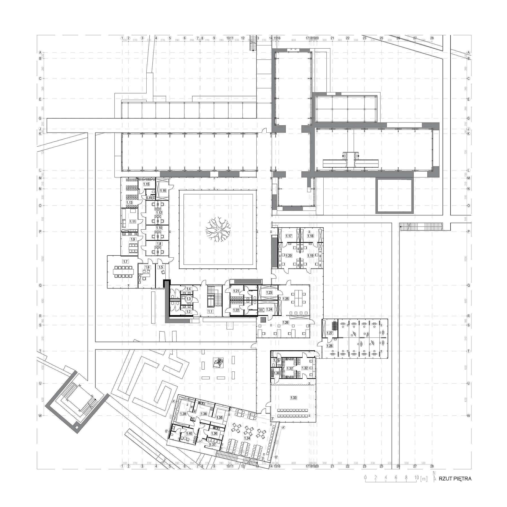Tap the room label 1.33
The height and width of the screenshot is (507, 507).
click(x=293, y=398)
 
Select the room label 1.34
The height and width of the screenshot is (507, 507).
click(x=247, y=438)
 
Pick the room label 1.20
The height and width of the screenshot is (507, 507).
click(x=289, y=256)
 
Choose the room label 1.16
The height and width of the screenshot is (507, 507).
click(x=163, y=191)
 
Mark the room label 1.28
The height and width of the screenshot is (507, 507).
click(x=330, y=346)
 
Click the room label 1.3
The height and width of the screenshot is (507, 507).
click(x=188, y=299)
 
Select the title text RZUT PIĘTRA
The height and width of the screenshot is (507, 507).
click(x=455, y=486)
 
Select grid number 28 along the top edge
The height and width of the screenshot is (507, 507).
click(x=432, y=38)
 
